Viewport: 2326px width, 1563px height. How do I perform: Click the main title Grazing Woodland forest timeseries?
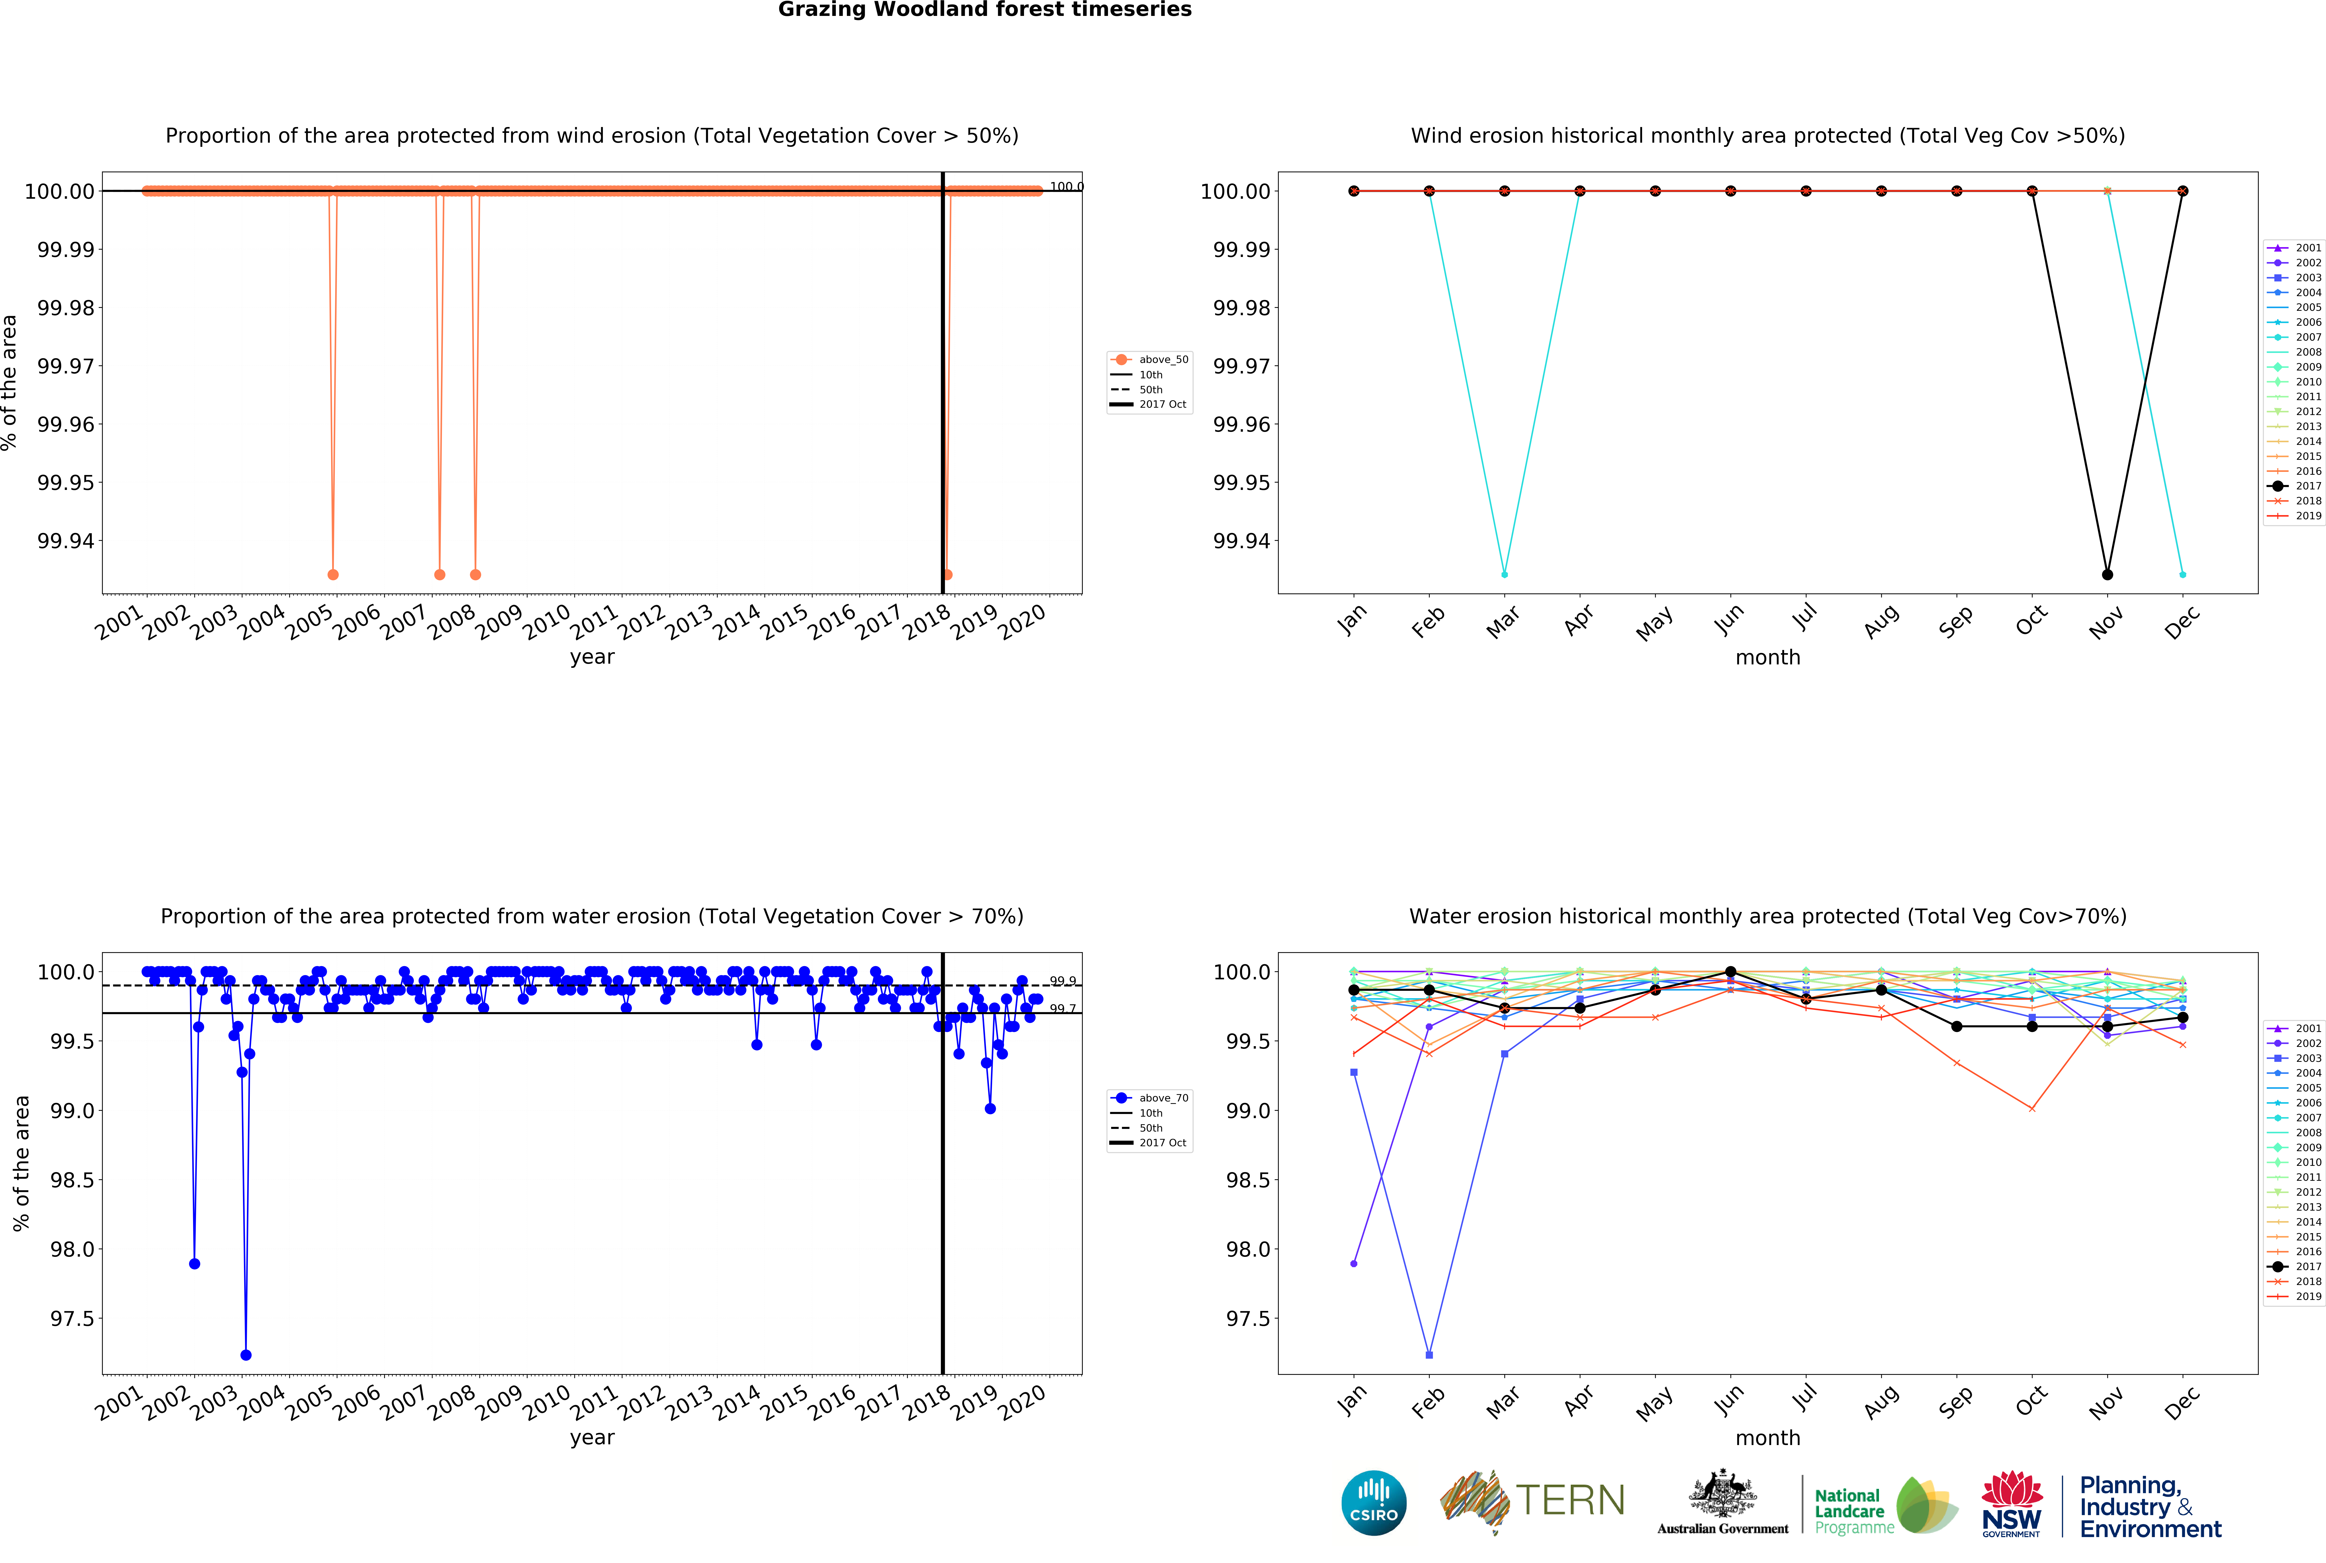(x=985, y=10)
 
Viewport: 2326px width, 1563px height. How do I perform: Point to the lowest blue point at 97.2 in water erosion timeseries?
(x=246, y=1355)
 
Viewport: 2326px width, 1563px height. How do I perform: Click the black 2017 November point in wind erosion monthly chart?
(x=2107, y=574)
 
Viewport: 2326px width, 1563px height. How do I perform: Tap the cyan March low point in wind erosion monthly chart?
(x=1504, y=574)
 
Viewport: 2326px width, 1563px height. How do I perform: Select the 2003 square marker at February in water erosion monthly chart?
(x=1429, y=1355)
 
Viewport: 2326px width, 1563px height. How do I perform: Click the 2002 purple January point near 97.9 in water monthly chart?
(x=1353, y=1263)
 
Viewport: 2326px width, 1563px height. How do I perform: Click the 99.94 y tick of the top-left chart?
(x=66, y=541)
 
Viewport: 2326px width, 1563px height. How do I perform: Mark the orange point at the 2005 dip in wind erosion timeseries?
(x=333, y=574)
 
